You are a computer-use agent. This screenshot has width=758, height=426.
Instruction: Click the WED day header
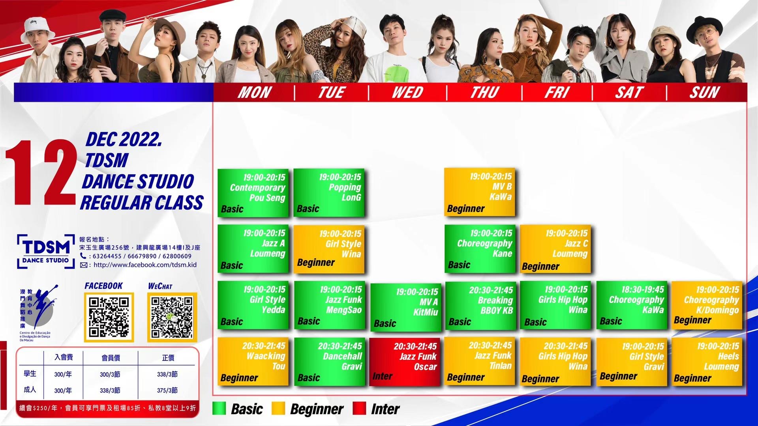407,92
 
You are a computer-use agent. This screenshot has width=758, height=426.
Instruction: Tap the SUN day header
705,92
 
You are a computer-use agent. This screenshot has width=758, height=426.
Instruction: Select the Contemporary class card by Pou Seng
253,193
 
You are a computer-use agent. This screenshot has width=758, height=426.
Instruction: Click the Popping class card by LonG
329,192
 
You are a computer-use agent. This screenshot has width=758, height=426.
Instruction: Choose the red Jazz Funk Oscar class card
405,362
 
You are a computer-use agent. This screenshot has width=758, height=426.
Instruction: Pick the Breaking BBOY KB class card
480,306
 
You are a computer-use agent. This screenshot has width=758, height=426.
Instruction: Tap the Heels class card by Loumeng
707,362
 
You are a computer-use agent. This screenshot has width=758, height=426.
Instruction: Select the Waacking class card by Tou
253,362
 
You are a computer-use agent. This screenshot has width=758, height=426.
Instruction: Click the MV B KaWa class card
480,192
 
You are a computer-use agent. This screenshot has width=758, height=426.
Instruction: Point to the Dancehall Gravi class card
329,362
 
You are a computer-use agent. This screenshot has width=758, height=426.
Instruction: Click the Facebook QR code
109,317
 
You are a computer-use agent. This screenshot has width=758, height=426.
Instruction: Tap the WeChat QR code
172,317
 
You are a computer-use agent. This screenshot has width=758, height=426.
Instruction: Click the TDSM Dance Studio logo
46,252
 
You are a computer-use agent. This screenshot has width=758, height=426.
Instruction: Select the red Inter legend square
359,408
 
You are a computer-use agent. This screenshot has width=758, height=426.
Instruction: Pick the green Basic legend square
219,408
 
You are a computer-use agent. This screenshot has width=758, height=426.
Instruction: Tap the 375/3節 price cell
167,390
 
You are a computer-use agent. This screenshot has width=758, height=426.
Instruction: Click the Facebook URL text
145,265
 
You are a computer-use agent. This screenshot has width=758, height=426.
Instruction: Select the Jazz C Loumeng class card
555,249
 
